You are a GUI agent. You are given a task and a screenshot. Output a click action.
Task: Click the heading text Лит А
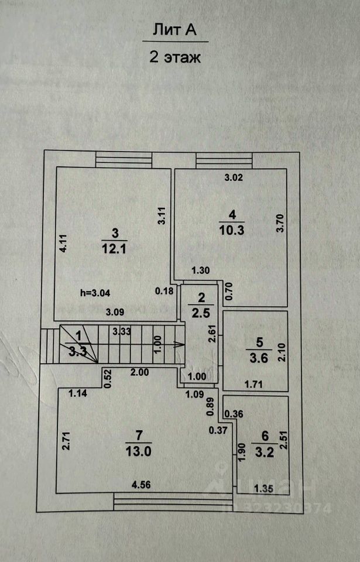[174, 30]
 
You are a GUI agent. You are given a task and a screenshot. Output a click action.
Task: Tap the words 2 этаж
[174, 57]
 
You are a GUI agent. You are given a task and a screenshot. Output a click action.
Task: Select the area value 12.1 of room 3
[114, 248]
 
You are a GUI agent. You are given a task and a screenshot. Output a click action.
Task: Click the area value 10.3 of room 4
[232, 230]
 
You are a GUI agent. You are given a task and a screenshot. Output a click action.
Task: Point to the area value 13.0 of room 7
[139, 450]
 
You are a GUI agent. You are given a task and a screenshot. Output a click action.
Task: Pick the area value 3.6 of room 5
[258, 359]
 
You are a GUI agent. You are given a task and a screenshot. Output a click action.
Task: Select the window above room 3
[124, 159]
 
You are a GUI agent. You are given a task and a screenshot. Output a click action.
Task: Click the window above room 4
[224, 159]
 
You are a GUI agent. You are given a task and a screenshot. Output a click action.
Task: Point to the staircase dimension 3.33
[122, 331]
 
